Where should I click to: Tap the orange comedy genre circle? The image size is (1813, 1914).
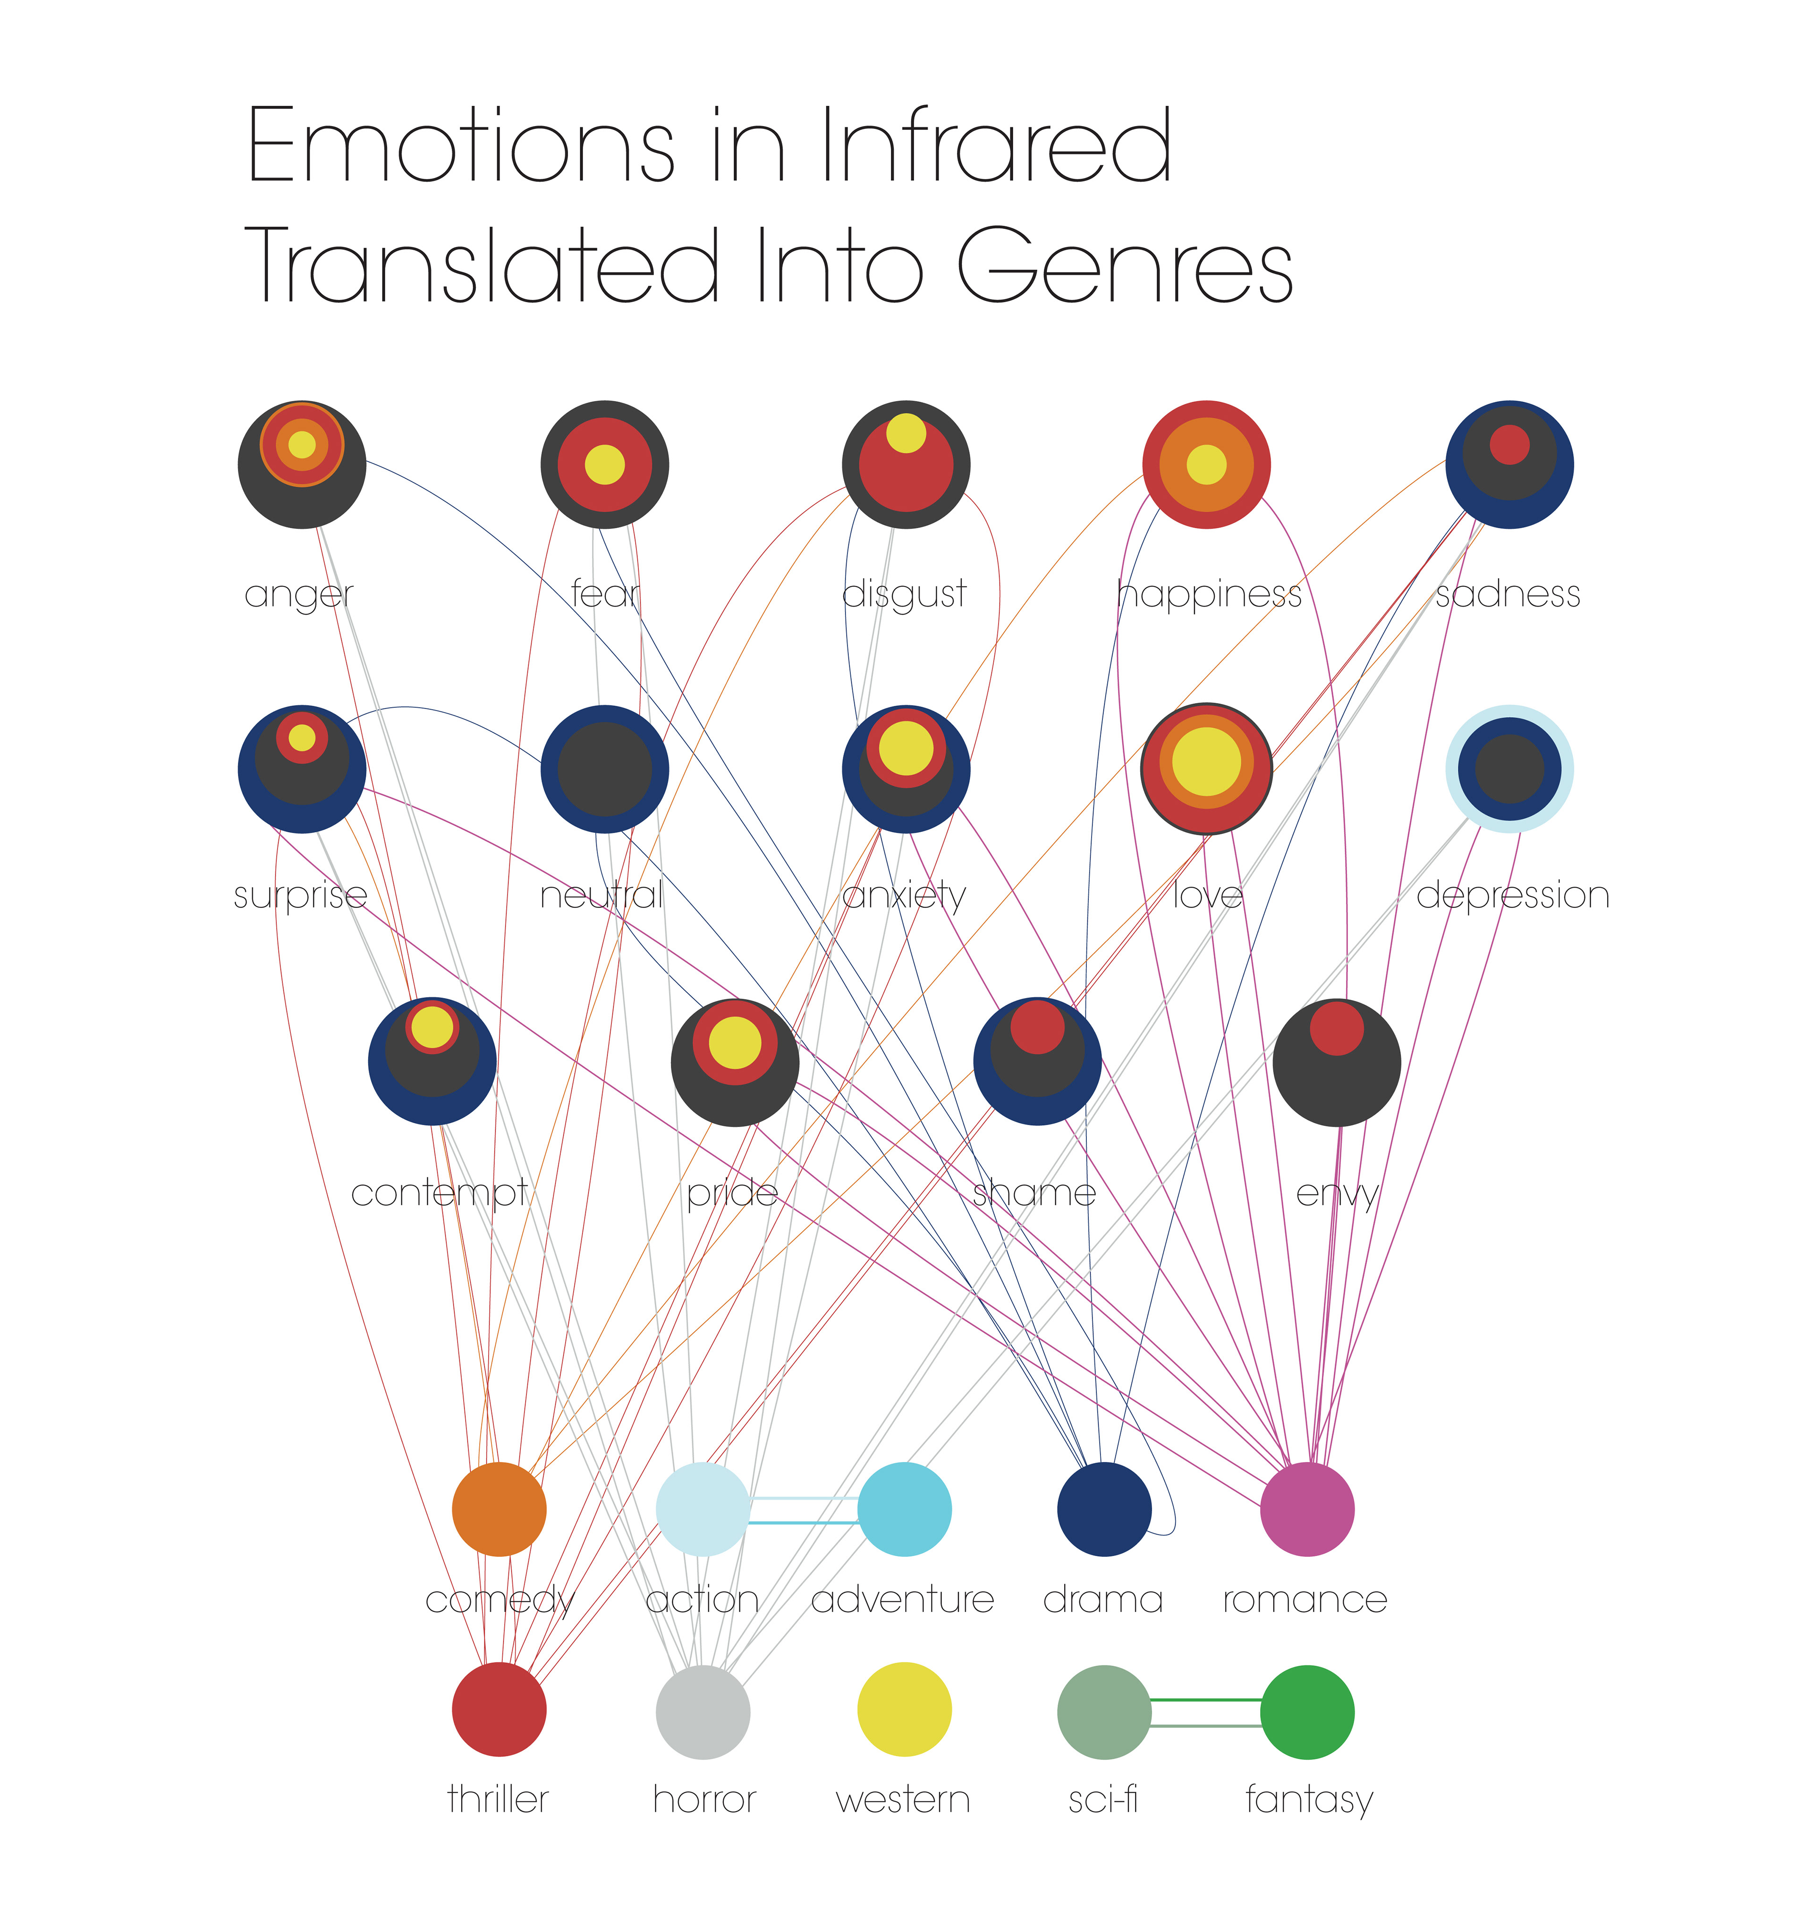(x=499, y=1509)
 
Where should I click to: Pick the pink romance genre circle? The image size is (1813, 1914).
(x=1306, y=1509)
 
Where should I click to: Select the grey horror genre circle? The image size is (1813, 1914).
(x=703, y=1712)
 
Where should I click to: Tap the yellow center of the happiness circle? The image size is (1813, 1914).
(x=1206, y=465)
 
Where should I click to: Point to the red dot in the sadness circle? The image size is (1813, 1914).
(x=1508, y=444)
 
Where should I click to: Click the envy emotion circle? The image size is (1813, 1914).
(x=1337, y=1063)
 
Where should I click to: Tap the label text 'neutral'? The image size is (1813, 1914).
(x=601, y=896)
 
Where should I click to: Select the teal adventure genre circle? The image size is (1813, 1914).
(x=905, y=1509)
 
